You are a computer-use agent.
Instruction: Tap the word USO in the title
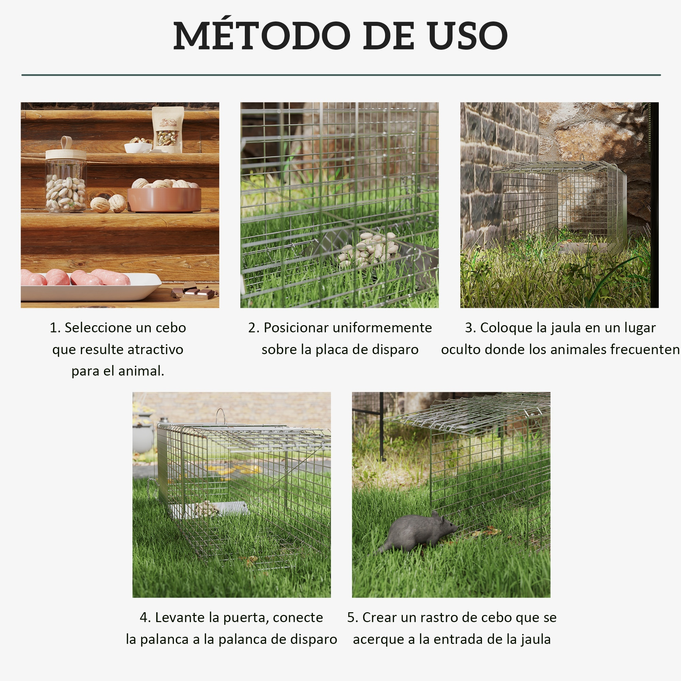[468, 36]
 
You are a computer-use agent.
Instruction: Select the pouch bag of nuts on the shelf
[168, 129]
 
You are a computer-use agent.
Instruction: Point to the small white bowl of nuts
[138, 146]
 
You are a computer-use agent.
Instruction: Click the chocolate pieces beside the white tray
[194, 291]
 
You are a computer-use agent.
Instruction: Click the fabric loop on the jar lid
[66, 142]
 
